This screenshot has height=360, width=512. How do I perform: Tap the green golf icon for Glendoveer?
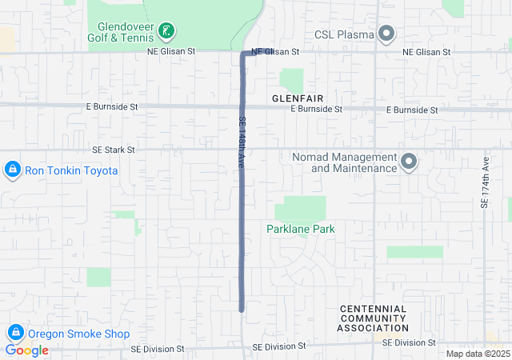pyautogui.click(x=166, y=32)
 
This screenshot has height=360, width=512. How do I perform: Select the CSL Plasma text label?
pyautogui.click(x=344, y=34)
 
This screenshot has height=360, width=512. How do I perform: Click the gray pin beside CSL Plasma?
pyautogui.click(x=386, y=34)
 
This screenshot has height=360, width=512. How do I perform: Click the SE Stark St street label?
pyautogui.click(x=114, y=149)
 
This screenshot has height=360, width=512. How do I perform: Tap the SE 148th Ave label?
pyautogui.click(x=240, y=142)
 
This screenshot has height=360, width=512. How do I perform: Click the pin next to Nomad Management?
pyautogui.click(x=410, y=162)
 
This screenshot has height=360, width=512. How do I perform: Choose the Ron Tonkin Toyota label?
pyautogui.click(x=71, y=170)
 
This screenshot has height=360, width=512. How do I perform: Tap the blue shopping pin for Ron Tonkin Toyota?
pyautogui.click(x=13, y=170)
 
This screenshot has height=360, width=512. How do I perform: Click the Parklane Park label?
pyautogui.click(x=300, y=229)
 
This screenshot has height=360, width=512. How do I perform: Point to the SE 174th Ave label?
pyautogui.click(x=485, y=185)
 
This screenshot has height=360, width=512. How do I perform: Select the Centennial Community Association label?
pyautogui.click(x=373, y=318)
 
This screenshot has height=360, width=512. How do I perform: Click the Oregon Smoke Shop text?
pyautogui.click(x=78, y=334)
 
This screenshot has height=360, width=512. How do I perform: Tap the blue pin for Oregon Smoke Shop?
pyautogui.click(x=15, y=333)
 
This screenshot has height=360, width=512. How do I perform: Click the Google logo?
pyautogui.click(x=27, y=350)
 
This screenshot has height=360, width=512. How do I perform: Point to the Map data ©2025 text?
pyautogui.click(x=477, y=354)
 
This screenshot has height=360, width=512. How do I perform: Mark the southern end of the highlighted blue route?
pyautogui.click(x=241, y=310)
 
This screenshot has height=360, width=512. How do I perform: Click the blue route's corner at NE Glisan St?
pyautogui.click(x=242, y=54)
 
